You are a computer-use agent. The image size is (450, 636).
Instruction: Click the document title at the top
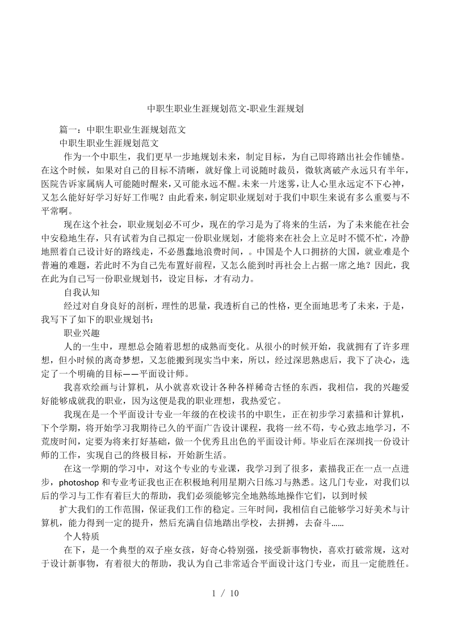pyautogui.click(x=225, y=108)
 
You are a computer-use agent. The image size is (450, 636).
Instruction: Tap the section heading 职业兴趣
pyautogui.click(x=82, y=333)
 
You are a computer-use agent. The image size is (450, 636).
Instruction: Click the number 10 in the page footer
pyautogui.click(x=233, y=593)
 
